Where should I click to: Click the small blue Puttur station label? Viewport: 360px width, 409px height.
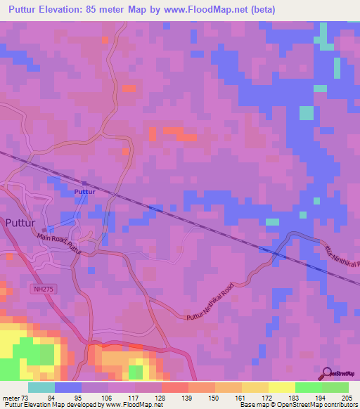click(84, 191)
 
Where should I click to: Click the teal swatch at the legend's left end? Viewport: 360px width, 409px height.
click(41, 387)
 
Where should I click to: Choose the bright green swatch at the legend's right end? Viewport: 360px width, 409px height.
click(335, 387)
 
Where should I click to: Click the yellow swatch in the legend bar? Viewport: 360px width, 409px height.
click(282, 387)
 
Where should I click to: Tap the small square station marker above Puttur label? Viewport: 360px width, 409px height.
click(84, 183)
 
